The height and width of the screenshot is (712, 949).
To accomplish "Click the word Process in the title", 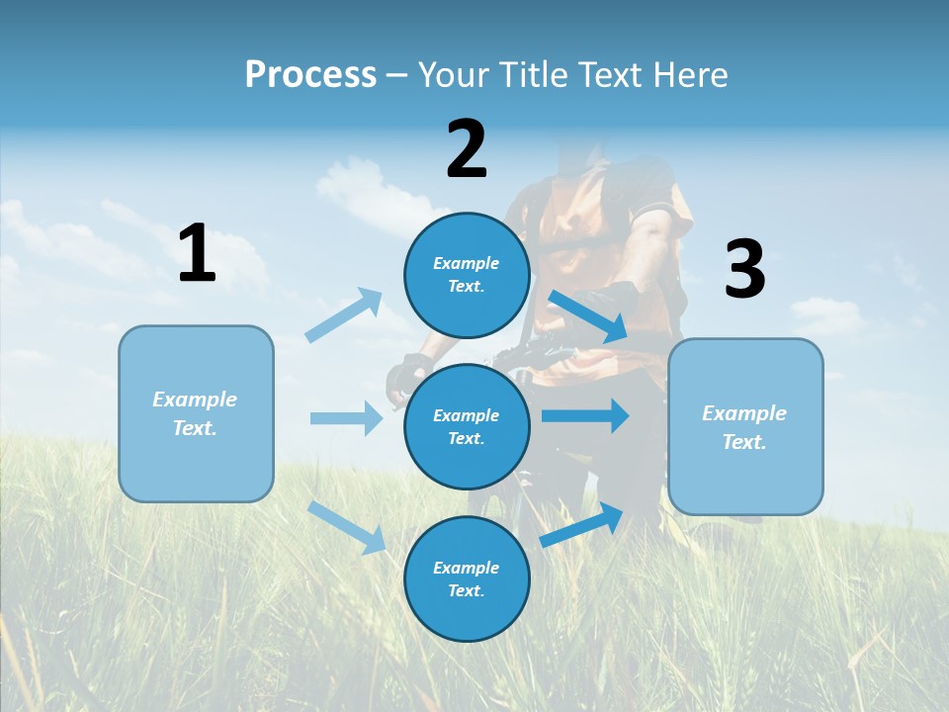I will click(310, 74).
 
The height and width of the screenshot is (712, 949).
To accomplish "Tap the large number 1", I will click(197, 254).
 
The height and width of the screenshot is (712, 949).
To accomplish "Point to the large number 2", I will click(467, 149).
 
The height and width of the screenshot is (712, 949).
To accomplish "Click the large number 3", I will click(744, 269).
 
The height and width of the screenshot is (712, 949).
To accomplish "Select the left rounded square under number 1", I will click(196, 413).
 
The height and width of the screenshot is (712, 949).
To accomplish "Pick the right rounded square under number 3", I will click(745, 427).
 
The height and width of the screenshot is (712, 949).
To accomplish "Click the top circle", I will click(467, 275).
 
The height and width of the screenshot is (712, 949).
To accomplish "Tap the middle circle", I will click(467, 426).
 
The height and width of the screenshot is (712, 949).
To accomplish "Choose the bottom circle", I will click(467, 578).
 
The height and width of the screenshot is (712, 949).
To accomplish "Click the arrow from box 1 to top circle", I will click(345, 315).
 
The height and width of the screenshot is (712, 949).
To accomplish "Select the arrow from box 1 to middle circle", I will click(347, 418).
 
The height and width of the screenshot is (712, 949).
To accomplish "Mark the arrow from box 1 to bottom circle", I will click(347, 527).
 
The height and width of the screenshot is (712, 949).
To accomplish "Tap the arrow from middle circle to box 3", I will click(585, 416).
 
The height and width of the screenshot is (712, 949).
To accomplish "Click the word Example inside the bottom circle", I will click(467, 568).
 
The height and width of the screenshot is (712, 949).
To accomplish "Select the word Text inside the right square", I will click(743, 442).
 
